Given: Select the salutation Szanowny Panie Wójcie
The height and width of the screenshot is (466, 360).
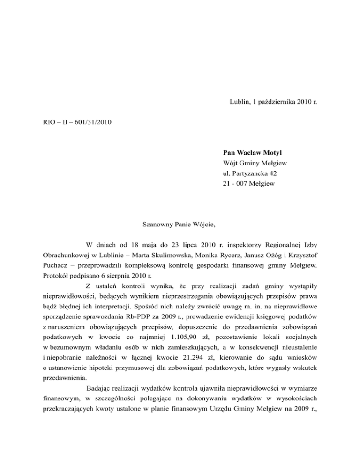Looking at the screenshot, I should [179, 224].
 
